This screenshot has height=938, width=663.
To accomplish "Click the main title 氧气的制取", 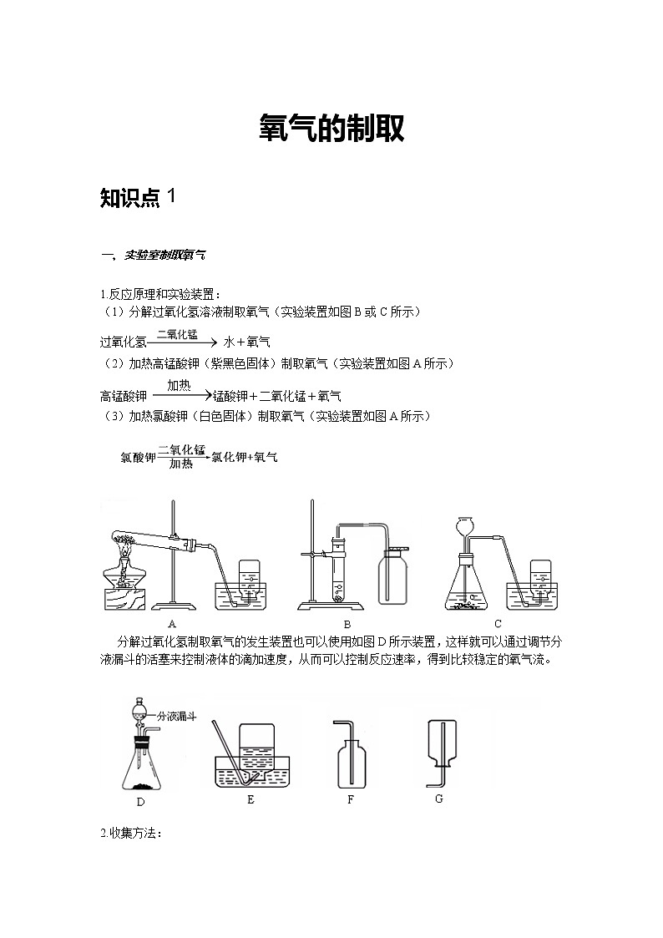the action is click(331, 128).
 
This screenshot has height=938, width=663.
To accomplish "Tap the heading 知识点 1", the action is click(138, 197).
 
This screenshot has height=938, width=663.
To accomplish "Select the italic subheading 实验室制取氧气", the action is click(164, 255).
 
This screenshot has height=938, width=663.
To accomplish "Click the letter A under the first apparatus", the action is click(172, 624).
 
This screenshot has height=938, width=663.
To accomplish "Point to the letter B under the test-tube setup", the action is click(347, 625).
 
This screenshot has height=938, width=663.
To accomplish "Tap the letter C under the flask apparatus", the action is click(498, 624).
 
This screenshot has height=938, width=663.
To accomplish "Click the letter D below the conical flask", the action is click(140, 802).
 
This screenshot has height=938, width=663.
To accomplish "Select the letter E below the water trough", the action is click(251, 799).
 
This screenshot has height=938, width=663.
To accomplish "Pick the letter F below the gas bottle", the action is click(351, 799).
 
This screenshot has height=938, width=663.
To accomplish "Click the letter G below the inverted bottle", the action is click(439, 799).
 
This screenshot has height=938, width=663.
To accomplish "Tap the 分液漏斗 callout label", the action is click(176, 716).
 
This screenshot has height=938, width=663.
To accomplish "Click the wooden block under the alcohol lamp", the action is click(125, 600).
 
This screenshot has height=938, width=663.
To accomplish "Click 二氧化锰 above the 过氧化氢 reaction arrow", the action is click(177, 334).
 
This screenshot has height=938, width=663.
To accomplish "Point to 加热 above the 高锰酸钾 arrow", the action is click(179, 385).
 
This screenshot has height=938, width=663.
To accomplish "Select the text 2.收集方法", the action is click(131, 833).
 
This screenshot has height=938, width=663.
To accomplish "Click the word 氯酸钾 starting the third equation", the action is click(138, 458).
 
